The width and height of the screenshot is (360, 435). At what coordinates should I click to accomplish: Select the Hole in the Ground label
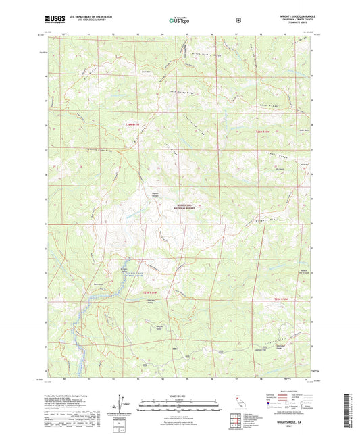tap(303, 271)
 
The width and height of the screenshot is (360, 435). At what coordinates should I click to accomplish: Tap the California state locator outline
tap(238, 403)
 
